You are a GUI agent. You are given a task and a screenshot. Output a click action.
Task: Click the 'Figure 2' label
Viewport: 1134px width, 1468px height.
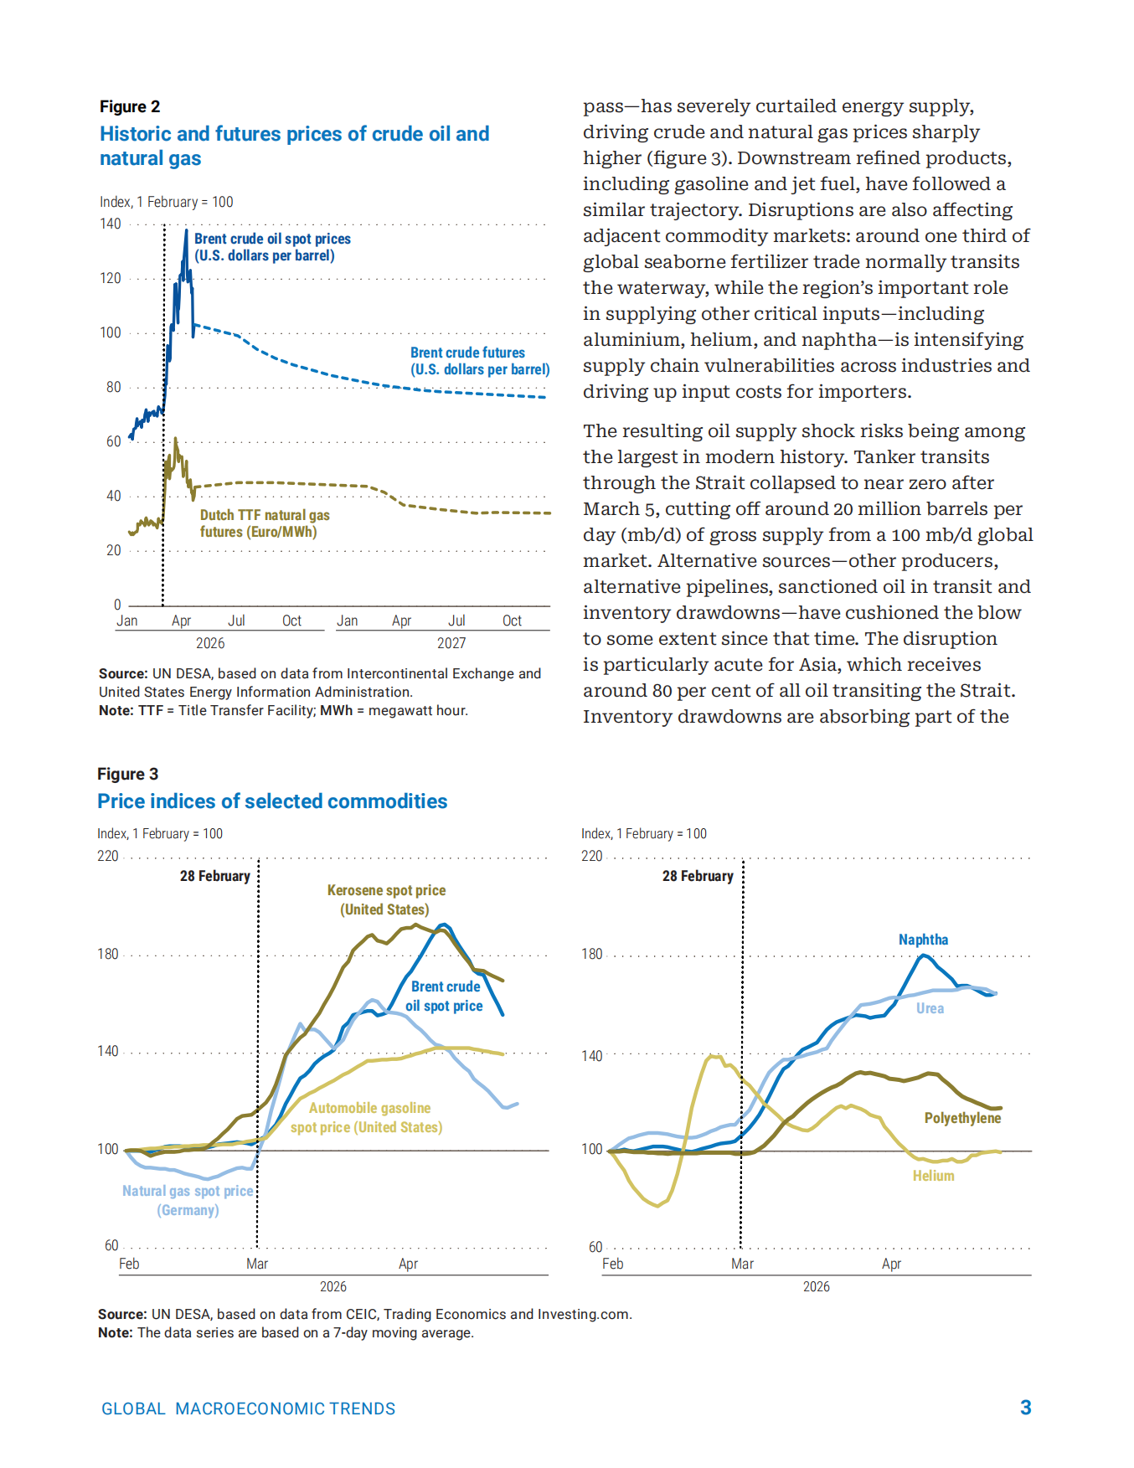[130, 106]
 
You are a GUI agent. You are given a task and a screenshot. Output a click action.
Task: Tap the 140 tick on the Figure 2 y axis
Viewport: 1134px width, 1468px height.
[110, 224]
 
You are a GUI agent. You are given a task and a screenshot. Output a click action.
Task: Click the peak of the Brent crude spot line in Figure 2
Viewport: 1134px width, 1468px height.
[186, 229]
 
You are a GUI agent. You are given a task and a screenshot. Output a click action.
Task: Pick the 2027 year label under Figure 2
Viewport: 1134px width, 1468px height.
[451, 643]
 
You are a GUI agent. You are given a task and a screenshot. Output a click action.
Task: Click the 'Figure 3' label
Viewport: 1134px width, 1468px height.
[127, 774]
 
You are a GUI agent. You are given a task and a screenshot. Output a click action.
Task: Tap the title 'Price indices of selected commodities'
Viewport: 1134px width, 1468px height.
[272, 801]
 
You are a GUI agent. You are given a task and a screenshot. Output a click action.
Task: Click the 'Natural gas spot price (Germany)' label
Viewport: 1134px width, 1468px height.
[188, 1200]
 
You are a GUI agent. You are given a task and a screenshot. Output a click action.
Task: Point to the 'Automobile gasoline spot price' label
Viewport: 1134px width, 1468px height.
[367, 1118]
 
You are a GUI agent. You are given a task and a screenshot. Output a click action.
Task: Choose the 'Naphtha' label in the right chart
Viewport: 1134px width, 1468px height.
[924, 940]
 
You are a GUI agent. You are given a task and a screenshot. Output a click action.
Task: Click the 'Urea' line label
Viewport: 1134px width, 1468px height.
[930, 1008]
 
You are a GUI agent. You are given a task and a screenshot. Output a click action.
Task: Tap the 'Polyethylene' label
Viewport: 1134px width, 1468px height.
[963, 1118]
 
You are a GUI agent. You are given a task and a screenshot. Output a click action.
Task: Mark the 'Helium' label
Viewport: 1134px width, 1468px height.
[934, 1176]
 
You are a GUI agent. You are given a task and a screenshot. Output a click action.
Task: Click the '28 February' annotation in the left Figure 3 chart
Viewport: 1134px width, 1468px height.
[215, 876]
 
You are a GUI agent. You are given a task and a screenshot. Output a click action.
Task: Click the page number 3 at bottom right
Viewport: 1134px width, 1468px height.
[1026, 1408]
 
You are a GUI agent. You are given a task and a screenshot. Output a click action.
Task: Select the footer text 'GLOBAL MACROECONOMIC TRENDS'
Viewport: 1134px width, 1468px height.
[249, 1409]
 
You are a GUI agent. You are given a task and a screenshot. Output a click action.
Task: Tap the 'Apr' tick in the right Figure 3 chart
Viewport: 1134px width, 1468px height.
[891, 1264]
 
